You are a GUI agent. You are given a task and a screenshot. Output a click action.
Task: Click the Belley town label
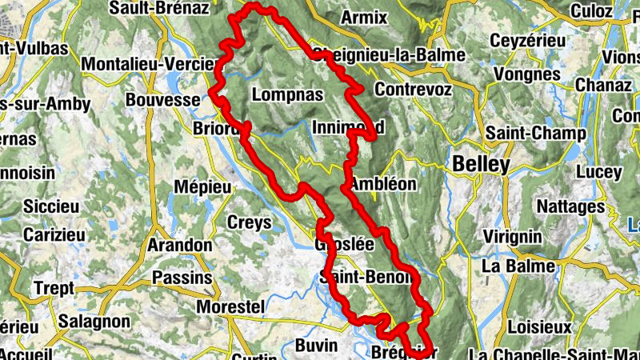point(481,164)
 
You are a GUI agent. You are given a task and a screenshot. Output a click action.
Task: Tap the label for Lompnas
point(287,94)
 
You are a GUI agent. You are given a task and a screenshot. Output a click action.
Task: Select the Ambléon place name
point(383,183)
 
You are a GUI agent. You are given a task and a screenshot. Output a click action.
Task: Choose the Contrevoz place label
point(413,89)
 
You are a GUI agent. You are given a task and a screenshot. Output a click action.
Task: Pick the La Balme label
point(518,265)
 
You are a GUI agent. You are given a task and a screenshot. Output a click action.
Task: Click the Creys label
point(250,222)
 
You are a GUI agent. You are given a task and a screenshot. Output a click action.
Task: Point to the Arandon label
point(179,245)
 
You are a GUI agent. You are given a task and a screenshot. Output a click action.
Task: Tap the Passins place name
point(182,278)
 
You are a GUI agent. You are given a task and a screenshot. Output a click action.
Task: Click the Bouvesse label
point(162,100)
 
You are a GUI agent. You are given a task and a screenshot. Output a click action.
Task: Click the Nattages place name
point(570,206)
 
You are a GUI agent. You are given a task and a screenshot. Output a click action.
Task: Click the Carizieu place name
point(54,235)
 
